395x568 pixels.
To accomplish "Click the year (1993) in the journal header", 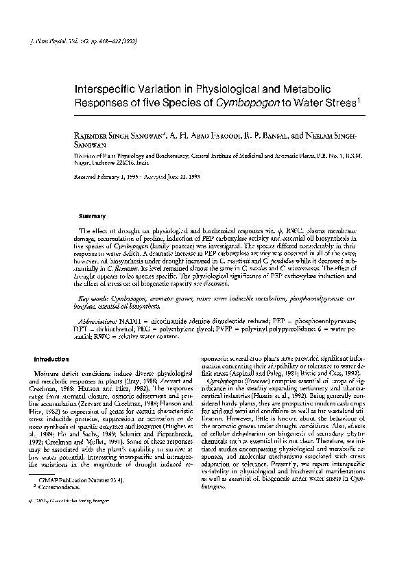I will [130, 41].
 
